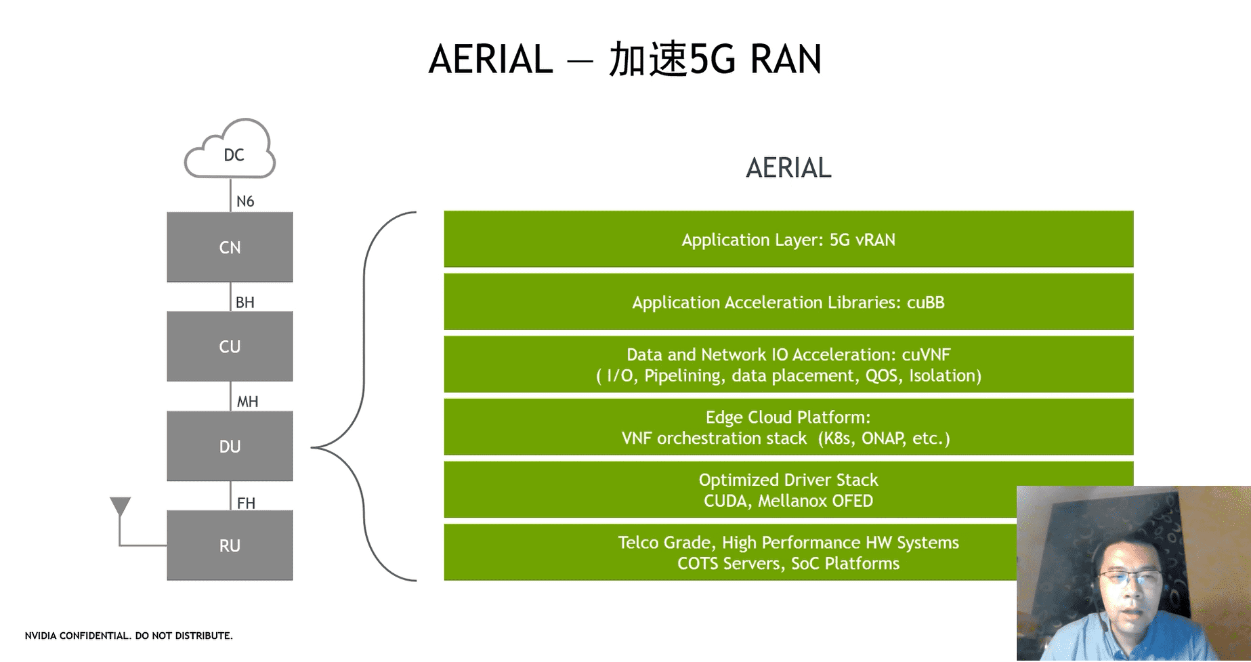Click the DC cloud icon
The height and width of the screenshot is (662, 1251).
[230, 150]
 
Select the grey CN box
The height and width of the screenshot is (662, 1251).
[230, 247]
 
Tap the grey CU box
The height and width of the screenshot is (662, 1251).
[230, 346]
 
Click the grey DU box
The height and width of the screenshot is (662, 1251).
[230, 447]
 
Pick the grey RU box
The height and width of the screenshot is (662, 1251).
[230, 545]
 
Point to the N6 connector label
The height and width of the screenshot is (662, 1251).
[245, 201]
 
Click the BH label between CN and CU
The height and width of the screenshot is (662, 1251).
[245, 302]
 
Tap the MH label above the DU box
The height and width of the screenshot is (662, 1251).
[247, 402]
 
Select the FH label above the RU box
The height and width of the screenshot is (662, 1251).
[246, 503]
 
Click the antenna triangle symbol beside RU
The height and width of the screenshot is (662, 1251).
[120, 506]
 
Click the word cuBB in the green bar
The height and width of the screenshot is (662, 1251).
[925, 302]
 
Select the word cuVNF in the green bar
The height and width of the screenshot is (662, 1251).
[926, 354]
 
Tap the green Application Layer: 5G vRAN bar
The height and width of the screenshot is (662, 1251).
[788, 240]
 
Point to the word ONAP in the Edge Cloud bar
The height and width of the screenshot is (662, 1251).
[883, 438]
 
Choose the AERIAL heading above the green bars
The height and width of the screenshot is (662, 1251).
[788, 167]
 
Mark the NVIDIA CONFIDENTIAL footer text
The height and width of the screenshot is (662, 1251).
[129, 636]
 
